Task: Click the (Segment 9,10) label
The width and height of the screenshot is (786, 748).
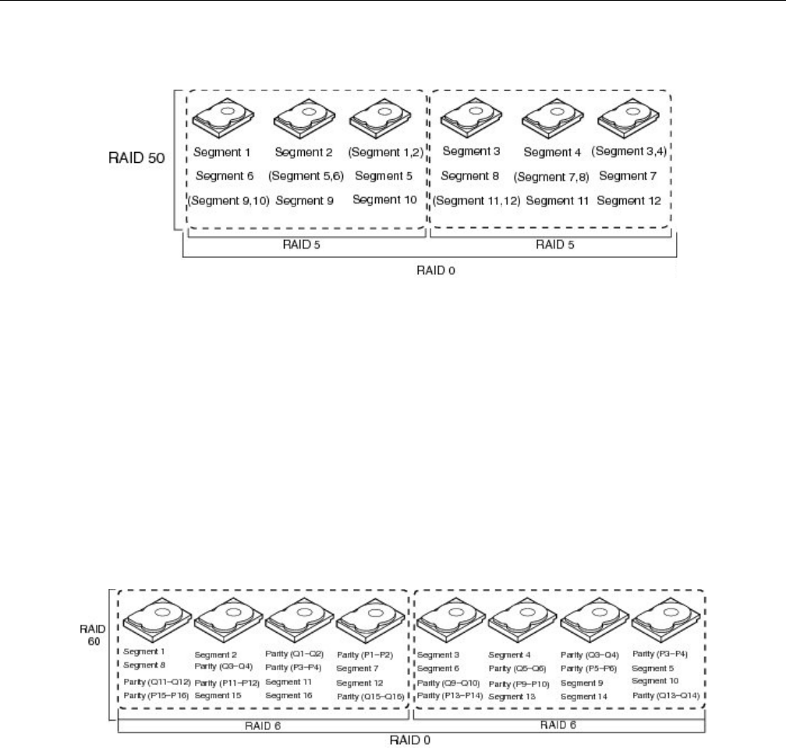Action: (228, 201)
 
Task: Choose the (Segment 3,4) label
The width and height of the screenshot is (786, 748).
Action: (628, 150)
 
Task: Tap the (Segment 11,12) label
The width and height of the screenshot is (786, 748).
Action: (475, 201)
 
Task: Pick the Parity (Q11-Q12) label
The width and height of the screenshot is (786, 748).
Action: (156, 682)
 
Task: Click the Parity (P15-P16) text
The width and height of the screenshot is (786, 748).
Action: (156, 694)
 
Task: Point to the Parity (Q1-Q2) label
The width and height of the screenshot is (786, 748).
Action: (297, 654)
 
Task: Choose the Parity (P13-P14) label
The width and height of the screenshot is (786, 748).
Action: (450, 694)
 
